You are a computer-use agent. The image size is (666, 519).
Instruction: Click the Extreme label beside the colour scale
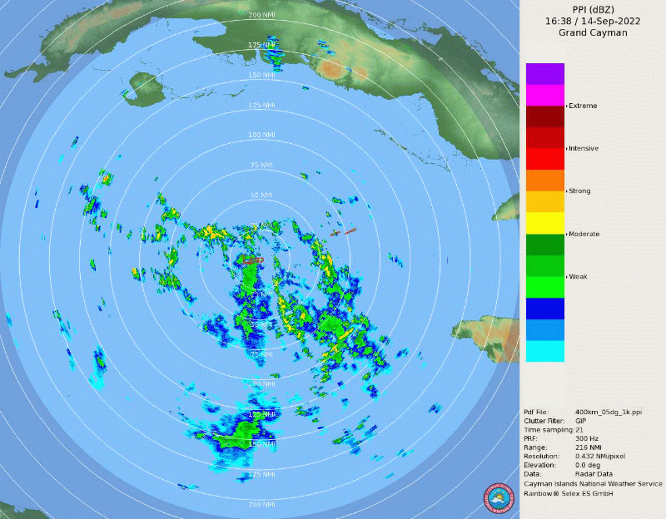[x=583, y=106]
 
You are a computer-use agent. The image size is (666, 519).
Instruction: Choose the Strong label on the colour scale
[x=579, y=191]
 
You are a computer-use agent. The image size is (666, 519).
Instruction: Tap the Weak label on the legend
[x=578, y=276]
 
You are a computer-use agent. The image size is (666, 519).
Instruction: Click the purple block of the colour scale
[x=545, y=73]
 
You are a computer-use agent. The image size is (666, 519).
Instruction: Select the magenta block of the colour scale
[x=545, y=95]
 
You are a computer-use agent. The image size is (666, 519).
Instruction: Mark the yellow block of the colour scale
[x=545, y=223]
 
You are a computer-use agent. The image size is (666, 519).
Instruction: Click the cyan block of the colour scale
[x=545, y=351]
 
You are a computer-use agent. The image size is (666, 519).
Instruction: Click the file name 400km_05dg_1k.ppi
[x=609, y=412]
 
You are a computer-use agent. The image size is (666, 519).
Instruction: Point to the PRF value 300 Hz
[x=586, y=438]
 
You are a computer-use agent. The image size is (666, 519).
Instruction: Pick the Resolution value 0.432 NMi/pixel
[x=603, y=456]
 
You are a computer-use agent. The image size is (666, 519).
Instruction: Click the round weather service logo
[x=499, y=499]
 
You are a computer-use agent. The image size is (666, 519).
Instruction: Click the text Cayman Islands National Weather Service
[x=593, y=483]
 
